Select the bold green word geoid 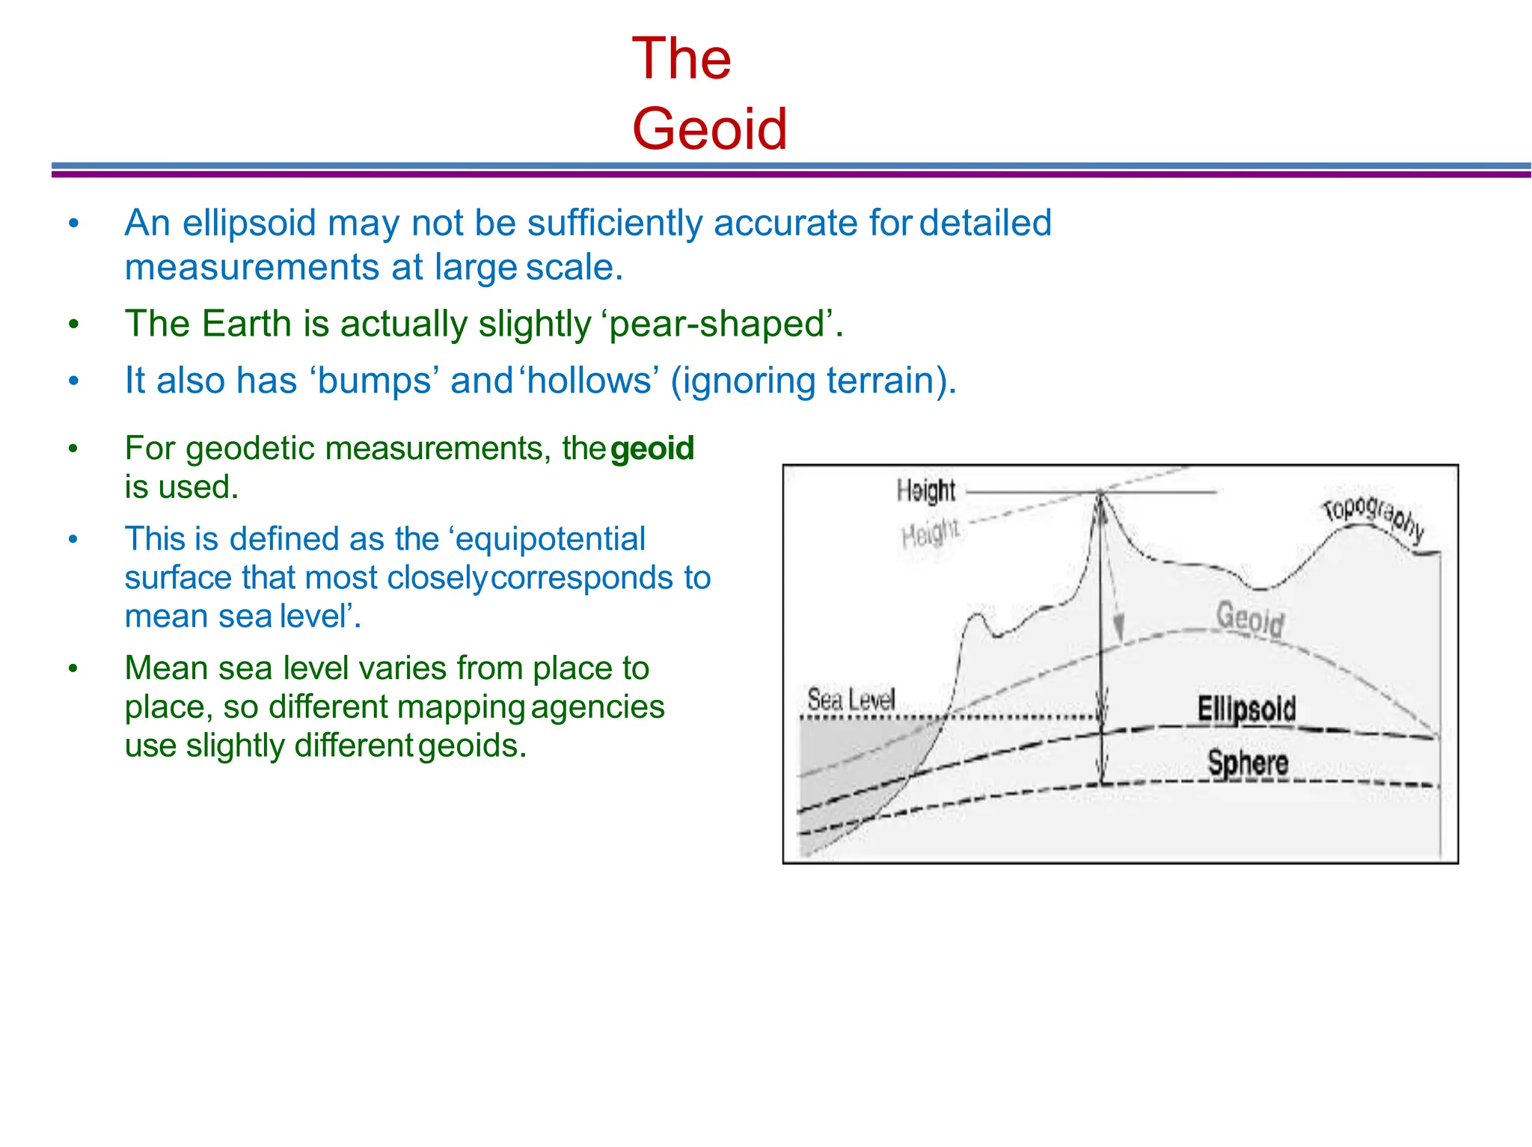(652, 449)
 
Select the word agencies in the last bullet (598, 707)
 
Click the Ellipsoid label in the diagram (1245, 709)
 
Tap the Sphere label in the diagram (1248, 763)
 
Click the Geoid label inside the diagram (1250, 618)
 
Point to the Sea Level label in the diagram (851, 701)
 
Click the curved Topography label (1373, 516)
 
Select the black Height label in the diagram (926, 491)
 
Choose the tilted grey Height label (930, 534)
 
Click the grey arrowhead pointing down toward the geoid (1119, 624)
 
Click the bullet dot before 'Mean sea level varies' (73, 668)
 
